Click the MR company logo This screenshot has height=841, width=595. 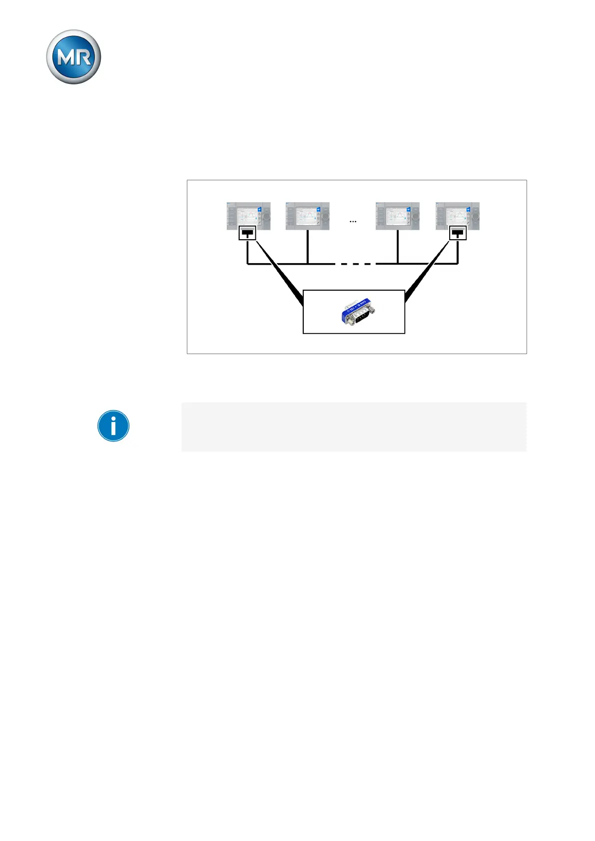coord(73,57)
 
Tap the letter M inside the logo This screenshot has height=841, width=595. coord(65,58)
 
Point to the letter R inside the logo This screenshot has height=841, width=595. coord(83,58)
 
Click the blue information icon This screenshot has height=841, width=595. coord(113,426)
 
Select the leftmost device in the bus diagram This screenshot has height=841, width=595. coord(248,216)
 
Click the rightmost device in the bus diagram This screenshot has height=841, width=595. coord(458,216)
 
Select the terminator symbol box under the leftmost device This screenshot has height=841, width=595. coord(247,233)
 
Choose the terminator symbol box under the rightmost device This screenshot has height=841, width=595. coord(458,233)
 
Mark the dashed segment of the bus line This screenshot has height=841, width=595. coord(355,264)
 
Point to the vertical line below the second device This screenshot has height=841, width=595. coord(307,247)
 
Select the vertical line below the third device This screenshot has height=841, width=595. coord(398,247)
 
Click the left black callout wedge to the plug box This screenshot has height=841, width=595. coord(280,272)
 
